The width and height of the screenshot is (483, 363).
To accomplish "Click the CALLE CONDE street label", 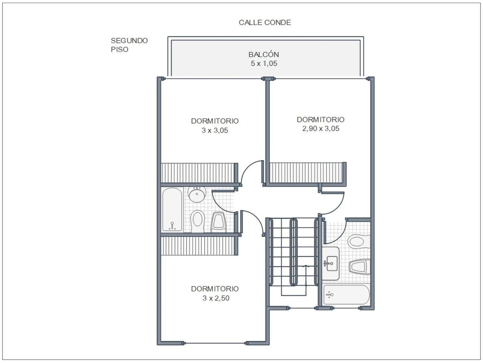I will coord(265,23).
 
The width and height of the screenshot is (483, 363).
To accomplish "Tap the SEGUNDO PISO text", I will coord(129,45).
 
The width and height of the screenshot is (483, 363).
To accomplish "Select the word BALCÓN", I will coord(264,54).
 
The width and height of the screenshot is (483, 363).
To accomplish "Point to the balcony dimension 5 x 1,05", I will coord(264,64).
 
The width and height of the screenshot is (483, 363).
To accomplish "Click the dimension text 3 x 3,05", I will coord(215,130).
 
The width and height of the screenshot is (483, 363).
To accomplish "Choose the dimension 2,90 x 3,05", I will coord(321,128).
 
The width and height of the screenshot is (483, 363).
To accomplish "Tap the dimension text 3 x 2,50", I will coord(216,298).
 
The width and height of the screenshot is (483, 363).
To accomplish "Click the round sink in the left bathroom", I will coord(197,194).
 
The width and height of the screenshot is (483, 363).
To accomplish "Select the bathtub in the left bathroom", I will coord(172,209).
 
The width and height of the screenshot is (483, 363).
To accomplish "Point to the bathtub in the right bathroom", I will coord(346,295).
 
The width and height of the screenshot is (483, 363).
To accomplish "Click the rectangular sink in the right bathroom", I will coord(331,264).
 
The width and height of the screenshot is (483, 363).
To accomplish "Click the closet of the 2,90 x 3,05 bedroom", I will coord(307,173).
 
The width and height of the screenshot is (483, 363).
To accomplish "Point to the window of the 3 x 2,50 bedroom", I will coord(215,343).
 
